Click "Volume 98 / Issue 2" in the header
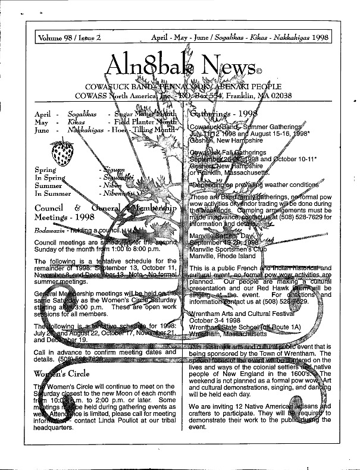[69, 37]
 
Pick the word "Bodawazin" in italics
[49, 229]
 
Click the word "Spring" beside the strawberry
[46, 170]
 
